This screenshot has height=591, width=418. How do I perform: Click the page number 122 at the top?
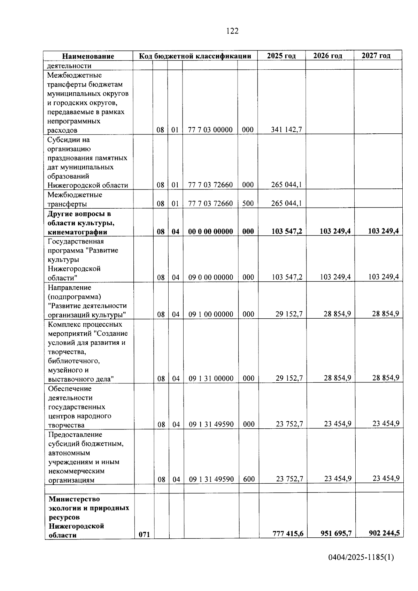[x=232, y=31]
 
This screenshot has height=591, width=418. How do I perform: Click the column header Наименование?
[x=88, y=56]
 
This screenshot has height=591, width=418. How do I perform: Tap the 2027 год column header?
[x=376, y=55]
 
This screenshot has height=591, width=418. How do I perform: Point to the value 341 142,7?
[x=286, y=130]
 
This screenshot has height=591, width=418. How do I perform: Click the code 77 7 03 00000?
[x=210, y=130]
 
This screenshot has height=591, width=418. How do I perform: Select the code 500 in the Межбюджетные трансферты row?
[x=248, y=203]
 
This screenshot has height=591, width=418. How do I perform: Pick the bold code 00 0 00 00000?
[x=210, y=232]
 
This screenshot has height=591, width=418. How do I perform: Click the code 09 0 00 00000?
[x=211, y=278]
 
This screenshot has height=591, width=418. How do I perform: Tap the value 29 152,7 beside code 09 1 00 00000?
[x=289, y=314]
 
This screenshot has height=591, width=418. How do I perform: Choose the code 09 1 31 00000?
[x=211, y=379]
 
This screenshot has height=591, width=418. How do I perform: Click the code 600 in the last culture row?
[x=249, y=479]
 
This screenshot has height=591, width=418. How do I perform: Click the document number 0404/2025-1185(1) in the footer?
[x=361, y=558]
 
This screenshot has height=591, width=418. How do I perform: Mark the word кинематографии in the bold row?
[x=77, y=232]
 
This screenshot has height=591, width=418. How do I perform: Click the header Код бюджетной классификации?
[x=195, y=56]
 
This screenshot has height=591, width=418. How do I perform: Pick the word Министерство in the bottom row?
[x=74, y=499]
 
